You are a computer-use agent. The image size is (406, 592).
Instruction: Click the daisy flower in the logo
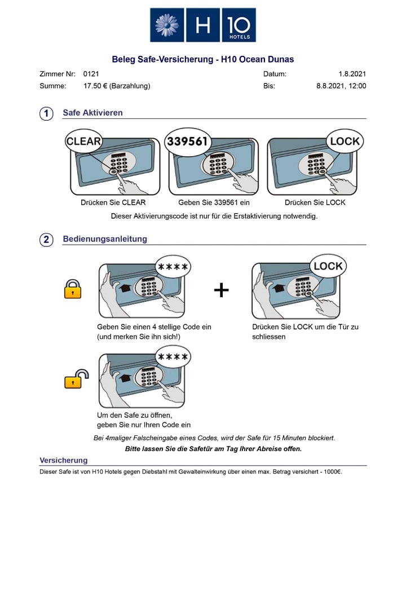tap(167, 25)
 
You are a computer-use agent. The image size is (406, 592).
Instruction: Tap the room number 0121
tap(91, 74)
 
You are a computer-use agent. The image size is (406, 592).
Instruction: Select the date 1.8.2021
tap(352, 74)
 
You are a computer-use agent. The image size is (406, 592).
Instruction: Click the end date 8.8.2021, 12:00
tap(341, 86)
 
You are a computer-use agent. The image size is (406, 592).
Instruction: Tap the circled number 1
tap(46, 113)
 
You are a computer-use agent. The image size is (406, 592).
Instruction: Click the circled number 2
tap(46, 240)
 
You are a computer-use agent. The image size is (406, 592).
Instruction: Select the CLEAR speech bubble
tap(83, 142)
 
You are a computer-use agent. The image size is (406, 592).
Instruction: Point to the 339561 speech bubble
tap(188, 142)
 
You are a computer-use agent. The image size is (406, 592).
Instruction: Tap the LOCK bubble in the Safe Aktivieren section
tap(345, 142)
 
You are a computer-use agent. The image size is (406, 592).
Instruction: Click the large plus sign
tap(222, 290)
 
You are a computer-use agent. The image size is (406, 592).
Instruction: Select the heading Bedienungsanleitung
tap(105, 239)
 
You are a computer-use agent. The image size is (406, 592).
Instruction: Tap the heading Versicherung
tap(64, 460)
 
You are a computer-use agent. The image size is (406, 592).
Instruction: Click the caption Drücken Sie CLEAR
tap(113, 202)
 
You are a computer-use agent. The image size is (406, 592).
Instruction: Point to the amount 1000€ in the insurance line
tap(332, 471)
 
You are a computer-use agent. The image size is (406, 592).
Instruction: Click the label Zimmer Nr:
tap(57, 74)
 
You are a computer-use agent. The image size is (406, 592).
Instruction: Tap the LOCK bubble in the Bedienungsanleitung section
tap(328, 266)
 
